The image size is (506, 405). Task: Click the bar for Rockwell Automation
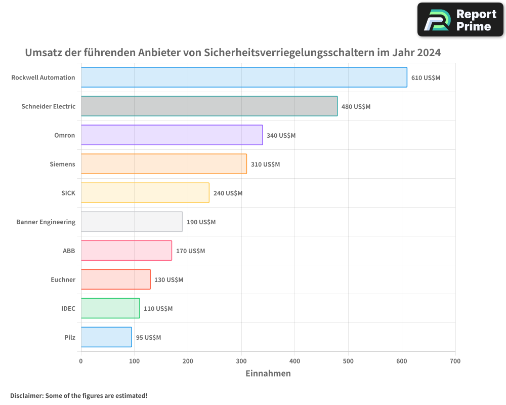[x=244, y=77]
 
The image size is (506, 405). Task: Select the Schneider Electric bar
[x=209, y=106]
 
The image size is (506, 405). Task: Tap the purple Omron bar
[x=172, y=135]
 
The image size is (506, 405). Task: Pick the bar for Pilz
[x=106, y=337]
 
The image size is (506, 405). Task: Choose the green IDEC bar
[x=110, y=308]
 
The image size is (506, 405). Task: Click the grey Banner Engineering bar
[x=132, y=222]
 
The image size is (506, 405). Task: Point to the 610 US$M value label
[x=426, y=78]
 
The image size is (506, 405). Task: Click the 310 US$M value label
[x=265, y=165]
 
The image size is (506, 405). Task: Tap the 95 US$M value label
[x=148, y=338]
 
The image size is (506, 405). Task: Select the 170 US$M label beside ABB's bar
[x=190, y=251]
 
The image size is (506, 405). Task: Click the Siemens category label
[x=62, y=164]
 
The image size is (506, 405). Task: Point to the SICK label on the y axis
[x=68, y=193]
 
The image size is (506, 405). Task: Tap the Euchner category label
[x=63, y=279]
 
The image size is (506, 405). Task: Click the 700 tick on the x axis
[x=455, y=361]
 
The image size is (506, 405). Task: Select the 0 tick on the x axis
[x=81, y=361]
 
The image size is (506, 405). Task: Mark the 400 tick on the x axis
[x=295, y=361]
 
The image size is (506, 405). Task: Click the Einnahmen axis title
[x=268, y=374]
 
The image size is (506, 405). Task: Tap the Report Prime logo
[x=460, y=20]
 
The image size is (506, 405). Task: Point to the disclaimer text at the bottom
[x=79, y=395]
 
